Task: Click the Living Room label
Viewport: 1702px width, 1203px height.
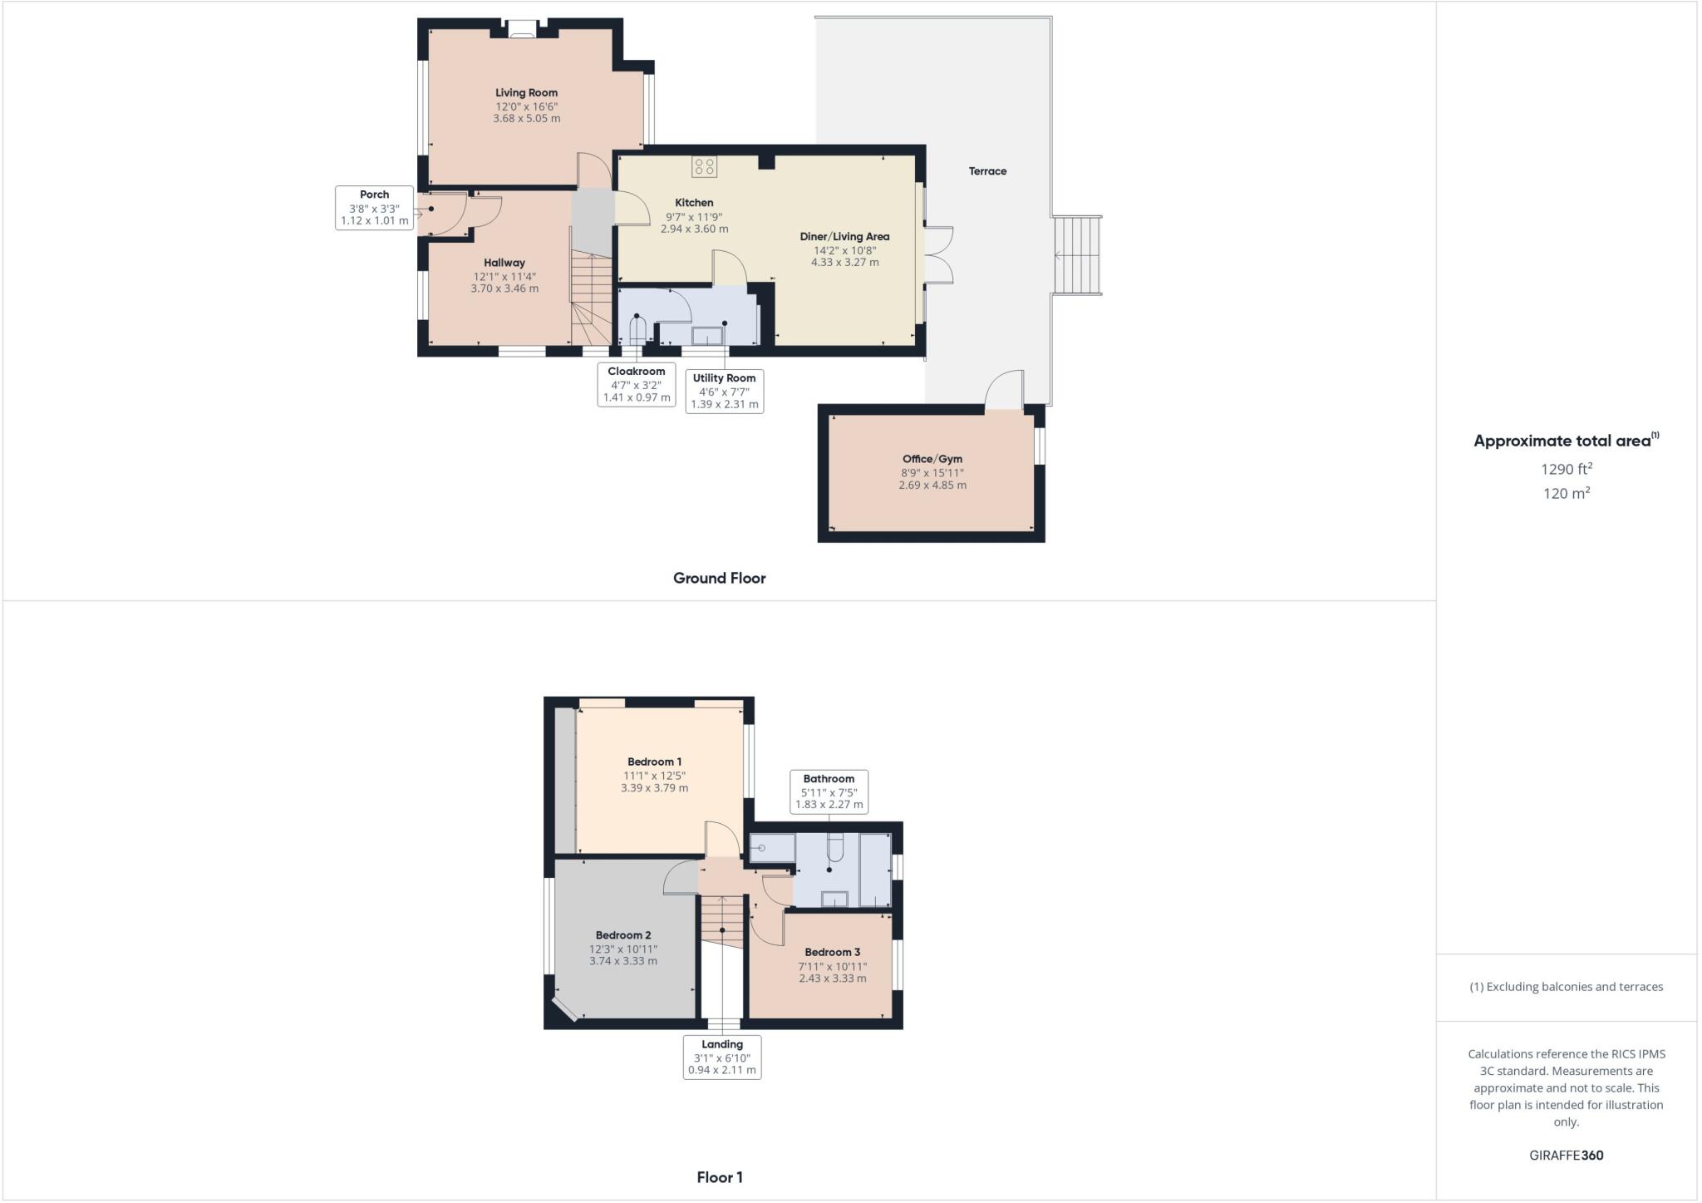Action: click(x=526, y=93)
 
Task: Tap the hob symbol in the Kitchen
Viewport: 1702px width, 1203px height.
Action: click(x=704, y=166)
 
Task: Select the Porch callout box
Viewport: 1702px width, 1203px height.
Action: click(x=374, y=208)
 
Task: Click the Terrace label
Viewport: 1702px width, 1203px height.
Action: click(x=987, y=171)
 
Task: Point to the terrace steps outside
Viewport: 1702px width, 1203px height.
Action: click(x=1077, y=255)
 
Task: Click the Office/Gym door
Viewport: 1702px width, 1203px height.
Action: click(x=1004, y=391)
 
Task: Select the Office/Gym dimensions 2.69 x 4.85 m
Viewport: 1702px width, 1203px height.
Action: click(x=932, y=486)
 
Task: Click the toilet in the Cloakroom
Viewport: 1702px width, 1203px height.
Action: click(x=637, y=331)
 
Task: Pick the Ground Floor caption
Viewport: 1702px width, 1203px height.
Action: click(x=719, y=578)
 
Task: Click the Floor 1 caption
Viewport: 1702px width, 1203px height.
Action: click(x=720, y=1177)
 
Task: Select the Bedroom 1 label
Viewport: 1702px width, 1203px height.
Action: click(x=654, y=762)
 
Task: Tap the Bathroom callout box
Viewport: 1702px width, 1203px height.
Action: click(x=829, y=791)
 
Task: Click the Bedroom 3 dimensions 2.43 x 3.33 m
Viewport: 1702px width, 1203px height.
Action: click(x=832, y=979)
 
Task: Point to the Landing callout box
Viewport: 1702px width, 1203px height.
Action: click(x=722, y=1057)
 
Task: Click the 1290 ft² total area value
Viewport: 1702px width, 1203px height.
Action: click(x=1566, y=469)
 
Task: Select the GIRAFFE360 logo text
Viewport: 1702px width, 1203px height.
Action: click(x=1566, y=1155)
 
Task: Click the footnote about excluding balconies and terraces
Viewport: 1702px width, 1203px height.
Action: click(x=1566, y=987)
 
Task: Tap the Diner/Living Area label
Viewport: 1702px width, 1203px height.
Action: click(x=844, y=237)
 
